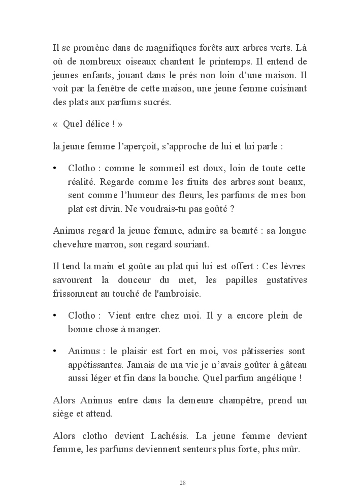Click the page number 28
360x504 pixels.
182,482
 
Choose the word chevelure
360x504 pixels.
72,244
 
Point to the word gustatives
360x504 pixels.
284,280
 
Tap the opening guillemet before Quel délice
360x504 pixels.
55,124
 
